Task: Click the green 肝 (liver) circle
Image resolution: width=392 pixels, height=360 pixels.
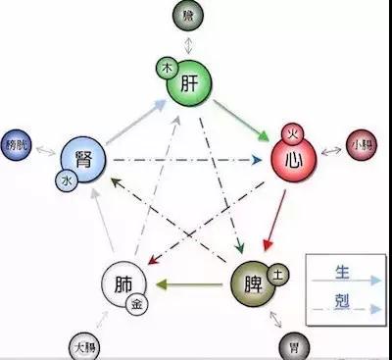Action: coord(192,86)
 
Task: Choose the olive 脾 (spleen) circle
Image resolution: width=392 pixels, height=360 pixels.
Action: coord(254,286)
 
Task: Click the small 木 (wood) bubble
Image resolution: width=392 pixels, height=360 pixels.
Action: coord(168,70)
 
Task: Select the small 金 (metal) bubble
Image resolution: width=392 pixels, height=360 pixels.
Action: coord(137,304)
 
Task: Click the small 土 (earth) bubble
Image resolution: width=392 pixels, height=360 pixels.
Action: coord(277,276)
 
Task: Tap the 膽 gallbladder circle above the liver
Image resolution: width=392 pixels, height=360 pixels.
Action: coord(187,15)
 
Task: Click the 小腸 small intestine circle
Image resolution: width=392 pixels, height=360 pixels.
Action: coord(360,146)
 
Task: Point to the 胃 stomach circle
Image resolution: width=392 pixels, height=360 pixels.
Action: coord(292,346)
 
